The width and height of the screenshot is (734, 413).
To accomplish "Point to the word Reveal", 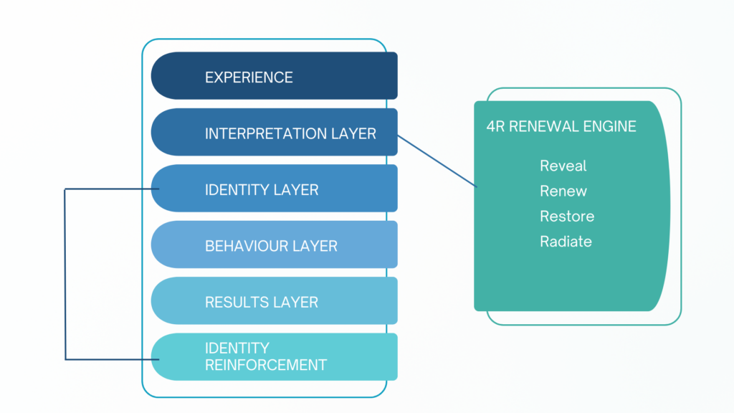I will (x=563, y=166).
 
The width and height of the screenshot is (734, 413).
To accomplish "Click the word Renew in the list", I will (x=563, y=191).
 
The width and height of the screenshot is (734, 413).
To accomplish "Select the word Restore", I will (x=567, y=216).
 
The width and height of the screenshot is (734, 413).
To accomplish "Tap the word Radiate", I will (x=566, y=242).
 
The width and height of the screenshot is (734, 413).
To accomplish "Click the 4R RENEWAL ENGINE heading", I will (x=561, y=126).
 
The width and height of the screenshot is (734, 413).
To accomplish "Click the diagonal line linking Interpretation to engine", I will (x=437, y=161).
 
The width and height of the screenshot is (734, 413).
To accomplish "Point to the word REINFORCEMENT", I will (x=266, y=365).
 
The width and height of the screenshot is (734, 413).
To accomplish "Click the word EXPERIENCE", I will (x=249, y=77).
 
